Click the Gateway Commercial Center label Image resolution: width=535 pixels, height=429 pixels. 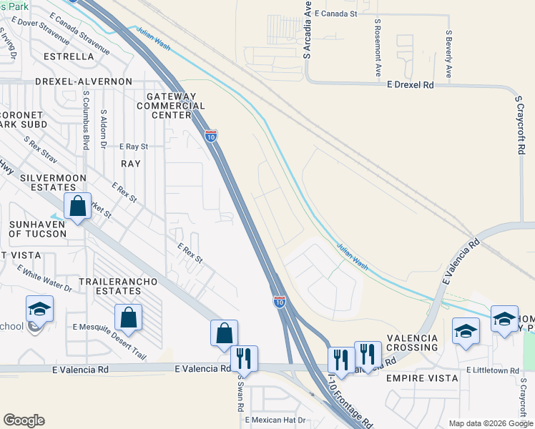click(170, 106)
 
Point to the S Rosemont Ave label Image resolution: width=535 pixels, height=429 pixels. click(377, 48)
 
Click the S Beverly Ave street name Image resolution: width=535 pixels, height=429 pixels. click(448, 54)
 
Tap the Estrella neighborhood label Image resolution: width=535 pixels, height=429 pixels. click(69, 56)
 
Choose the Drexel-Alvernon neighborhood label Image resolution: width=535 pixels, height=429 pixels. click(66, 82)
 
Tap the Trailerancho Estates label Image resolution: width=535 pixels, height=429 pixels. click(117, 287)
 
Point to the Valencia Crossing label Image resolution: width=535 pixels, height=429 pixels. click(411, 342)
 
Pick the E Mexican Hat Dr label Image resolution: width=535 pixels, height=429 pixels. click(275, 420)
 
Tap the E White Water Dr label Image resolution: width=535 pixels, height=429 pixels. click(45, 280)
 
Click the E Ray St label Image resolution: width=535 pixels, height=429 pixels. click(134, 146)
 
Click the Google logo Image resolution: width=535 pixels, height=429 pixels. click(24, 420)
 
